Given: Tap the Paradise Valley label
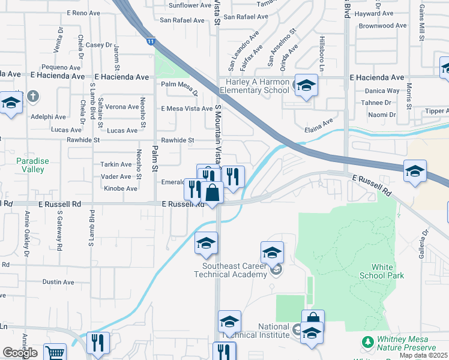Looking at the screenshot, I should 30,165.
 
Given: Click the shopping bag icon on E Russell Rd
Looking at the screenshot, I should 212,193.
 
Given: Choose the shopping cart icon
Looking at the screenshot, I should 55,353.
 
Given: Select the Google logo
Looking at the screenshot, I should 20,353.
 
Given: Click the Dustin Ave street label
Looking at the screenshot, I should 58,282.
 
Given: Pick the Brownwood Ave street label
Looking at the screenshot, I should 382,26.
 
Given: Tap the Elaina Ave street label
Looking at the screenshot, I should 319,125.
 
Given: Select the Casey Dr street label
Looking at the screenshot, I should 99,44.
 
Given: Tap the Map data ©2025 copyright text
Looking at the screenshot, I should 423,355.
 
